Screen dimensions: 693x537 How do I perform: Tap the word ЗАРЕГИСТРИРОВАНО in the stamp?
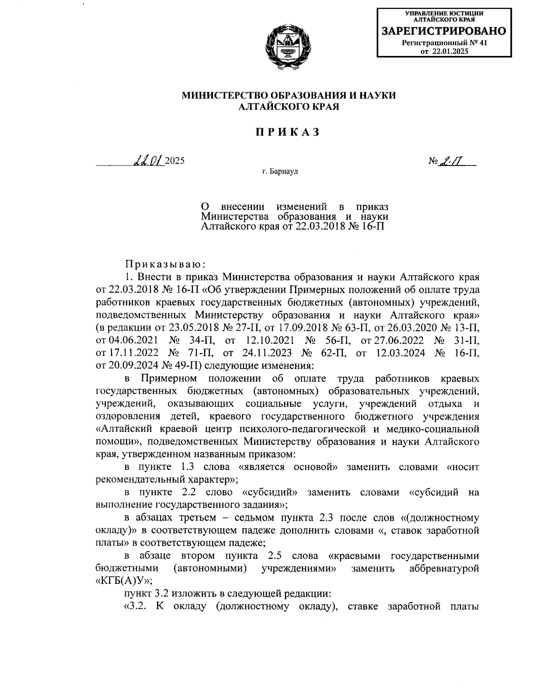click(x=443, y=31)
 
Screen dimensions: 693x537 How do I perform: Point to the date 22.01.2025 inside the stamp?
click(x=450, y=52)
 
